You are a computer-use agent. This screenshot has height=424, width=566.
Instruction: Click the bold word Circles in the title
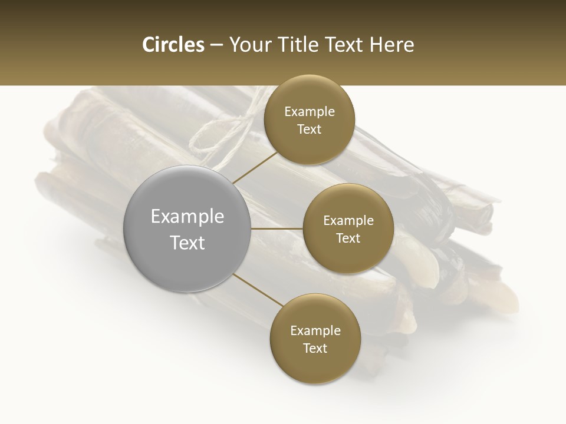pos(173,45)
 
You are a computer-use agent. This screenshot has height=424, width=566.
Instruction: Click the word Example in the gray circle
pos(187,217)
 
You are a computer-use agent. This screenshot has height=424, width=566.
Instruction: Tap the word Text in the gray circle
pos(187,243)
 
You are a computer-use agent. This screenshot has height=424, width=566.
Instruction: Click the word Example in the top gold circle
pos(310,111)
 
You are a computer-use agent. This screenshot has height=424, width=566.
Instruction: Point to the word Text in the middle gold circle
pos(348,238)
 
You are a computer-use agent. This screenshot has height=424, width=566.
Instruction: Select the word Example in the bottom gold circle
pos(315,330)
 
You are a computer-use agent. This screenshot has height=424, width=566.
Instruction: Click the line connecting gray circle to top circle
pos(255,167)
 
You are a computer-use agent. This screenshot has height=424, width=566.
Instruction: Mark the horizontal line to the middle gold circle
pos(277,228)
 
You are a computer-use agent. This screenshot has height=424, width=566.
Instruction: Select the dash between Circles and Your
pos(216,45)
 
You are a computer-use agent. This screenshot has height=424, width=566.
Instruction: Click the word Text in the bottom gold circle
pos(315,348)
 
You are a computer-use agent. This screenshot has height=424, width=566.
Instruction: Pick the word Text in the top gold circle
pos(309,129)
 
